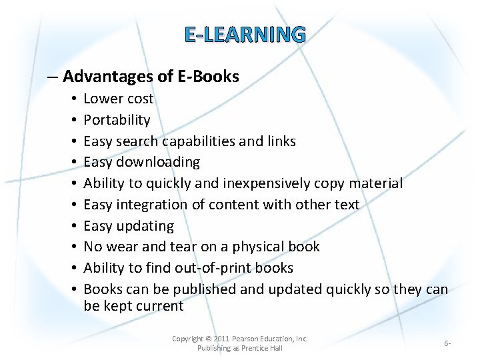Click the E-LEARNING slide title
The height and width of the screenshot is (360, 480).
245,34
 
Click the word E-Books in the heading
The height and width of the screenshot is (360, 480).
208,76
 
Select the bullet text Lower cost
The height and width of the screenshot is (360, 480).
118,99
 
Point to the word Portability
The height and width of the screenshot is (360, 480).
117,120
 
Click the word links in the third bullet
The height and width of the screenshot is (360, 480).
281,141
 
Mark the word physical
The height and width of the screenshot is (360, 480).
259,247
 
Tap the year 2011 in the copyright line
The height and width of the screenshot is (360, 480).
223,339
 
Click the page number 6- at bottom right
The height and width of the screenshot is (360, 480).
447,343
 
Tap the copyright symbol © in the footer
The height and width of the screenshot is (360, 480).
207,339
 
